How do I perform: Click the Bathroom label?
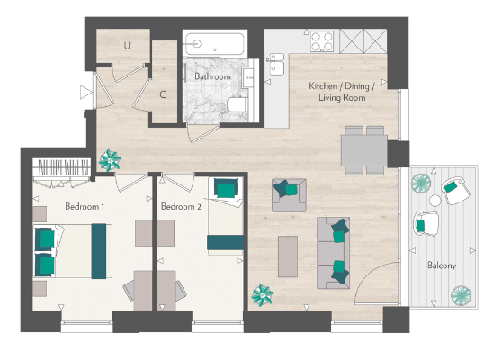point(212,77)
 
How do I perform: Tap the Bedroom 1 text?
point(85,206)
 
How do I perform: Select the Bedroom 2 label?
point(180,206)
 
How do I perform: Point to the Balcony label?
point(441,265)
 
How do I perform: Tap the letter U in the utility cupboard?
point(128,44)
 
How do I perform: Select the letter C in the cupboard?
point(163,94)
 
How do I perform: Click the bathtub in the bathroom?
point(212,44)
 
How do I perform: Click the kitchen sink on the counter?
point(275,66)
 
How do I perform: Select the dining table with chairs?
point(365,148)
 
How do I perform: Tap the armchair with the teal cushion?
point(288,191)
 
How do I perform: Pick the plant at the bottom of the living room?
point(263,293)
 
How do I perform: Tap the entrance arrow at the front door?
point(85,91)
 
